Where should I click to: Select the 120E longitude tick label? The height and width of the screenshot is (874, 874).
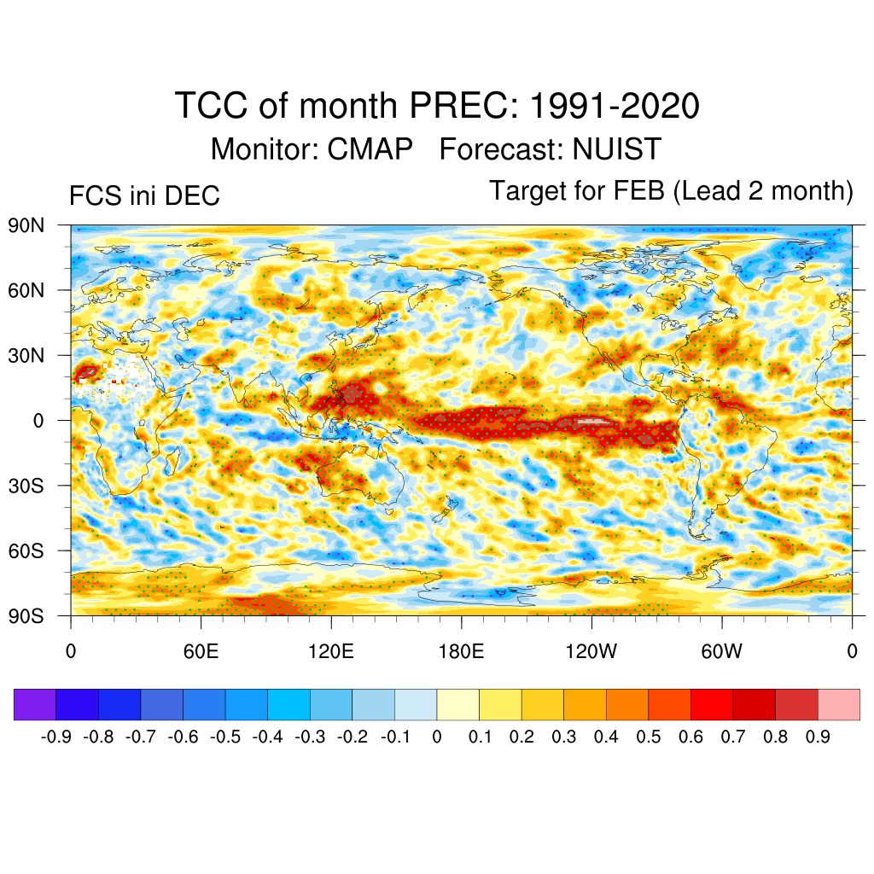tap(330, 652)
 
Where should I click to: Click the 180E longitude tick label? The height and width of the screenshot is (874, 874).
tap(461, 652)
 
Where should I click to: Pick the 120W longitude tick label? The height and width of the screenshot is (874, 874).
tap(591, 652)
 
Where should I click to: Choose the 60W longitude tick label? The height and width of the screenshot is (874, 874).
tap(721, 652)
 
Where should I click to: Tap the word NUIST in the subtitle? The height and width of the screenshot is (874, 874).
tap(616, 149)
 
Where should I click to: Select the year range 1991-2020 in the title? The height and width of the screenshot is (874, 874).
tap(615, 107)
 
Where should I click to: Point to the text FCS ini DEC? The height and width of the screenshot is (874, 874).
tap(144, 195)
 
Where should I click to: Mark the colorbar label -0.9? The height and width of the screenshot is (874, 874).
tap(56, 737)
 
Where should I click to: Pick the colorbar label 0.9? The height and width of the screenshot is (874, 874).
tap(818, 737)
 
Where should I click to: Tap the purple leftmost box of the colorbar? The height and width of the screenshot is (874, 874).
tap(35, 704)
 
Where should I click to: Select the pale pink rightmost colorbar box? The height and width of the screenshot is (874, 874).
tap(838, 704)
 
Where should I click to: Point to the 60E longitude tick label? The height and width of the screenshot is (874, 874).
tap(201, 652)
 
